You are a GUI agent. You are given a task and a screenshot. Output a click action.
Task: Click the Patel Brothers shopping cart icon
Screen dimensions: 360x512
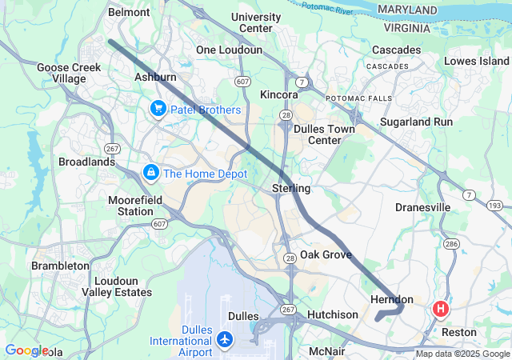pos(158,109)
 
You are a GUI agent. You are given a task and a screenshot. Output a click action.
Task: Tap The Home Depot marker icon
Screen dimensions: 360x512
pos(150,172)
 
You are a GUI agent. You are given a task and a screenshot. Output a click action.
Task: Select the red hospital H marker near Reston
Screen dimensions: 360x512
pos(440,308)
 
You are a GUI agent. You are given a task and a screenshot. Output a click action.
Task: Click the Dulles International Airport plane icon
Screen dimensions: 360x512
pos(225,341)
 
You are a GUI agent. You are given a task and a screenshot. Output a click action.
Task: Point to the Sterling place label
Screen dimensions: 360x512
pos(290,188)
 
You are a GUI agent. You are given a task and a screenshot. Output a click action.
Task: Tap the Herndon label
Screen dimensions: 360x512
pos(392,298)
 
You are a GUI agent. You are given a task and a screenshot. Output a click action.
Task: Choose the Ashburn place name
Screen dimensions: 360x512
pos(155,77)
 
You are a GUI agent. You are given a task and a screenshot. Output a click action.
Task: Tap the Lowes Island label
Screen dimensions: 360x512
pos(476,61)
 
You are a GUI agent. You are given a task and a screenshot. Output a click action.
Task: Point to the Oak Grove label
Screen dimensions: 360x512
pos(326,254)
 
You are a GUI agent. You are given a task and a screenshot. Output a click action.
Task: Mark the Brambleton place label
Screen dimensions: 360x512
pos(60,265)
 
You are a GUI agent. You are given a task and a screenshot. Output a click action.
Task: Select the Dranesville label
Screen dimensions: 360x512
pos(422,207)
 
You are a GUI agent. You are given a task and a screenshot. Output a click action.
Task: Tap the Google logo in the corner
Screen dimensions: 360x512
pos(26,350)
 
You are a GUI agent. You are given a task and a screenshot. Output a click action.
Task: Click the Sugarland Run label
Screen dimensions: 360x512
pos(416,122)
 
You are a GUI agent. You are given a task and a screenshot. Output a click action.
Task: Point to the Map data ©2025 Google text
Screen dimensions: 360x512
pos(462,354)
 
